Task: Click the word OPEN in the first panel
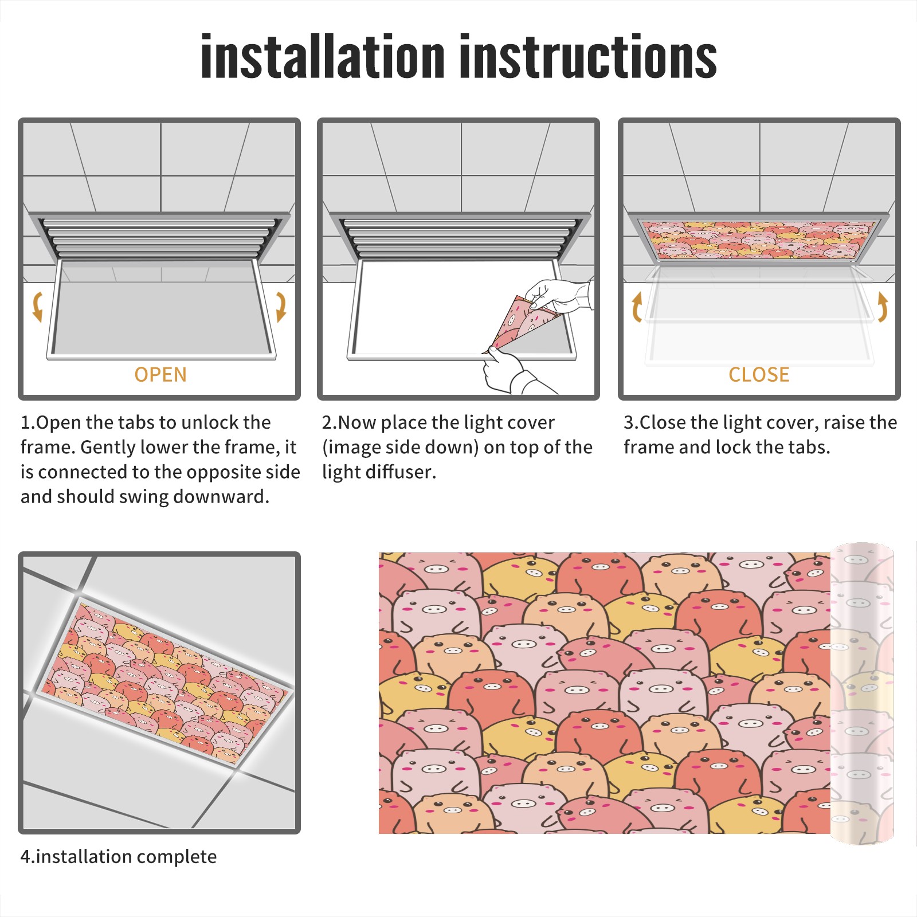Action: click(160, 375)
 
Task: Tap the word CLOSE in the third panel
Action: click(759, 375)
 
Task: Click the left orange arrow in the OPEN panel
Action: click(37, 307)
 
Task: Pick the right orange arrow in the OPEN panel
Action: click(281, 307)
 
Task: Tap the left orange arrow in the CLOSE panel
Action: click(637, 307)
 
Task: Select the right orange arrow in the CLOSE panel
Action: click(883, 307)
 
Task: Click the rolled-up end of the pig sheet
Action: click(862, 693)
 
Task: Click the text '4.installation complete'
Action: click(119, 857)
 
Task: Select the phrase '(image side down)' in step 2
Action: click(401, 448)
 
